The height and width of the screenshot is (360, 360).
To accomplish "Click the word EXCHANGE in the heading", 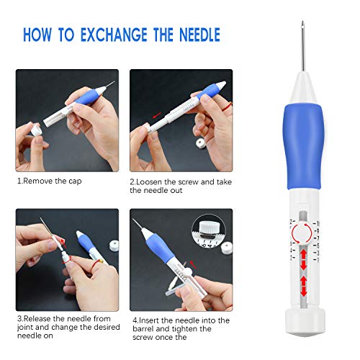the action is coord(114,35).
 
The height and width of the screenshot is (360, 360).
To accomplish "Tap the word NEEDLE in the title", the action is coord(199,35).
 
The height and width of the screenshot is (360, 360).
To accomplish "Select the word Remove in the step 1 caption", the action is coord(38,181).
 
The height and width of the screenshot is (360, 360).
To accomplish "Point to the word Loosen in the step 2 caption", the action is coord(149,182).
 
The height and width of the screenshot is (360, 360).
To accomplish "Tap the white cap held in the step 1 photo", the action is coord(37,130).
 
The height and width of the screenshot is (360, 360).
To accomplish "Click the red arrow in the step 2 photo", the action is coord(157,115).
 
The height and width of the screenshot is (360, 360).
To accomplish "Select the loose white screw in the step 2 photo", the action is coord(201,143).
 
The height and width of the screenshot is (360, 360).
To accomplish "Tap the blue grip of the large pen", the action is coord(303,146).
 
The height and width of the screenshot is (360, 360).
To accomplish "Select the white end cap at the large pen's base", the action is coord(305,323).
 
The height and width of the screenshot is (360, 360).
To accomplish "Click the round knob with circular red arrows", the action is coord(302,233).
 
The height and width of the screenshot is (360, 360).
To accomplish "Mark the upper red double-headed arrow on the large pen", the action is coord(304,260).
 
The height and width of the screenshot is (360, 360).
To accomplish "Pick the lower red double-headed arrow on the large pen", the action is coord(304,286).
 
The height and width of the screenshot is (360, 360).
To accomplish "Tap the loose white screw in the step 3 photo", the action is coord(114,246).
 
